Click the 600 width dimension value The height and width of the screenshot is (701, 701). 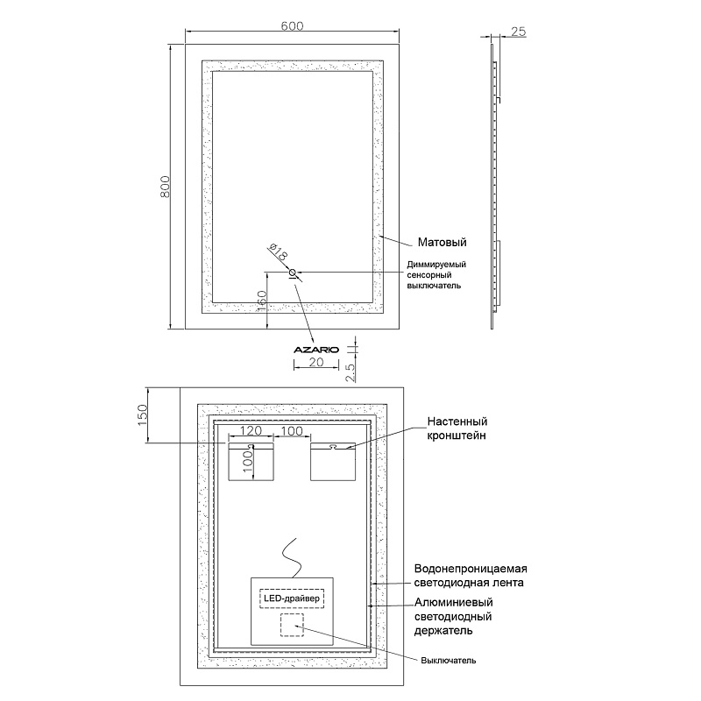click(292, 26)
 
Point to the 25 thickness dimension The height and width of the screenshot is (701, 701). click(517, 32)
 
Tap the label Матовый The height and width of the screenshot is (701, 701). click(440, 243)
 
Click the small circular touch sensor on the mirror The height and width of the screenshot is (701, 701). click(293, 273)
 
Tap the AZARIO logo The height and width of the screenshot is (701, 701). click(316, 349)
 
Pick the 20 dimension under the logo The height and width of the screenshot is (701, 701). click(316, 362)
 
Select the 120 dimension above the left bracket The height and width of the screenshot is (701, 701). click(251, 431)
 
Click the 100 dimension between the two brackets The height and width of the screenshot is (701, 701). click(292, 431)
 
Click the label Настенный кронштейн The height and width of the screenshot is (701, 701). click(457, 428)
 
